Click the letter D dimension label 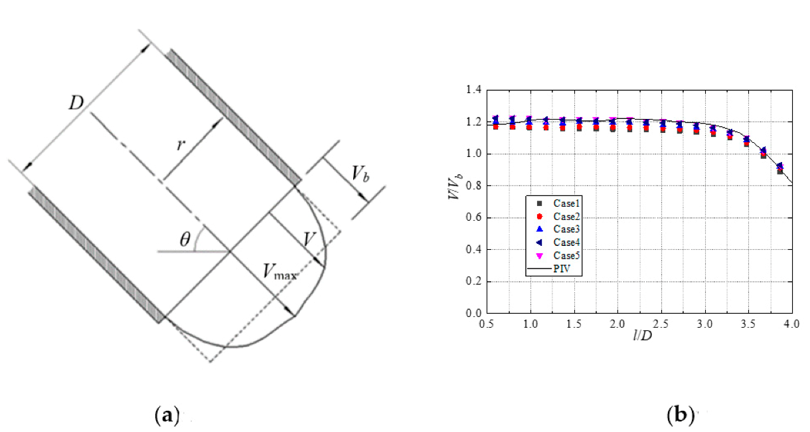[76, 103]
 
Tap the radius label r [181, 145]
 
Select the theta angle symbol [185, 239]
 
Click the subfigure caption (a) [167, 415]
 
